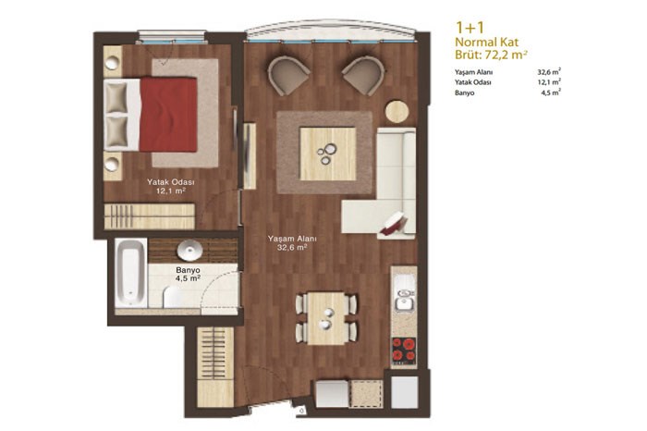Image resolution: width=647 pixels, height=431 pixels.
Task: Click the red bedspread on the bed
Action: [x=168, y=114]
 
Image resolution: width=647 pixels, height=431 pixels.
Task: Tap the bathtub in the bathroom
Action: [x=131, y=273]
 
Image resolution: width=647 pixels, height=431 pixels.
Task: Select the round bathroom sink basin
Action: [x=189, y=251]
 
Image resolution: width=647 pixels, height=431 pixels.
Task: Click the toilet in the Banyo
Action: [x=174, y=298]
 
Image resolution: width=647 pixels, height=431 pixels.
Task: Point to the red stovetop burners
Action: [x=404, y=350]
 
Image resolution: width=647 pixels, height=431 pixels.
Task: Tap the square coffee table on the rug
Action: [x=327, y=154]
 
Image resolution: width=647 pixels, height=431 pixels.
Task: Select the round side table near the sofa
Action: [x=397, y=112]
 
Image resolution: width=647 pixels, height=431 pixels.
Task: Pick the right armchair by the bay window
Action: [x=364, y=74]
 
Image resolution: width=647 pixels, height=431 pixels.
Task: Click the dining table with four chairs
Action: [x=326, y=318]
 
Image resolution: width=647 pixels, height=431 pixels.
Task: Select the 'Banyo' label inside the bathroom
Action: [x=188, y=270]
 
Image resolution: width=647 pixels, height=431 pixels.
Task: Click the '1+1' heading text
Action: [x=470, y=28]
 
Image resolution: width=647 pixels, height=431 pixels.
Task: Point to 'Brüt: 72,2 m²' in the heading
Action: [x=491, y=55]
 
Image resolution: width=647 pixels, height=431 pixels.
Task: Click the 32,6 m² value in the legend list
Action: [x=549, y=71]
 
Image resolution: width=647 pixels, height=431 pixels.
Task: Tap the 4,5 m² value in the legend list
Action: [x=551, y=92]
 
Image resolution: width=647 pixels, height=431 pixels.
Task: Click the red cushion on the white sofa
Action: [x=393, y=223]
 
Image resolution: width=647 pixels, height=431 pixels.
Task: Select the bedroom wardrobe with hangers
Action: [x=149, y=216]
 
